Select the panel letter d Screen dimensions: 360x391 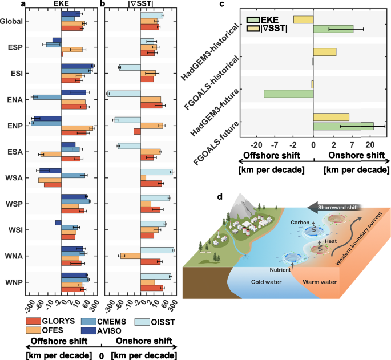[221, 196]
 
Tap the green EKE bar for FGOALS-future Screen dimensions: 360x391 [344, 126]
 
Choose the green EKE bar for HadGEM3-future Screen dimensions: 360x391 [289, 93]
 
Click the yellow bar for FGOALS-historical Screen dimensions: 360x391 [325, 52]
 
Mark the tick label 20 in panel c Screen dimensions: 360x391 [369, 144]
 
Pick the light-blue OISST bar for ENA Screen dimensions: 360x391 [124, 94]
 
